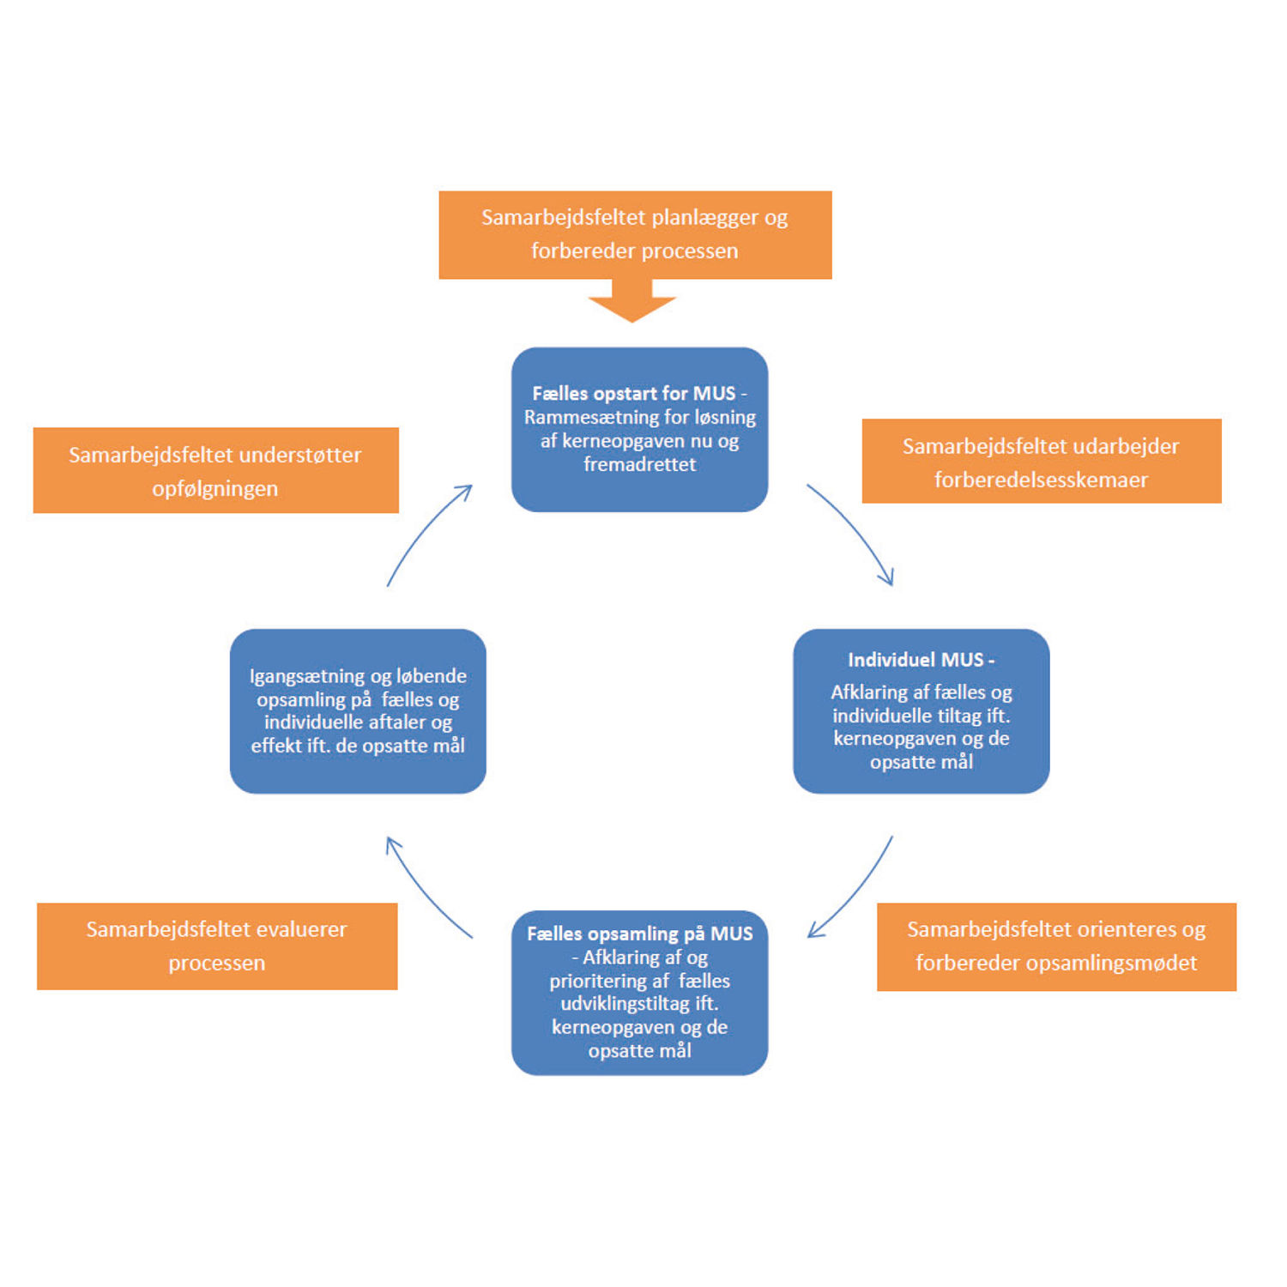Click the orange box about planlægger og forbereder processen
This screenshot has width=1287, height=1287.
[635, 234]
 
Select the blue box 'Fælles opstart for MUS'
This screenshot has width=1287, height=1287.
[639, 429]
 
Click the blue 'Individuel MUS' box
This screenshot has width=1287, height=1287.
[921, 710]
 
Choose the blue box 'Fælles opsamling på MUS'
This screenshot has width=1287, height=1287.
[639, 992]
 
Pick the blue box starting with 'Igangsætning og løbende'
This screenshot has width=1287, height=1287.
[358, 710]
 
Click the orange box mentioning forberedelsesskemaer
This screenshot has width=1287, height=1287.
[1041, 461]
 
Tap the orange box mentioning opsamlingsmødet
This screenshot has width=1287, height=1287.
[1056, 946]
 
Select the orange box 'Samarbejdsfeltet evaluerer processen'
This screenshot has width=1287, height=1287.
[217, 946]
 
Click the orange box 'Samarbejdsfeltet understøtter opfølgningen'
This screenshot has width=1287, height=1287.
[215, 470]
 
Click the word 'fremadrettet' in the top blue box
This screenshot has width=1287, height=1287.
[639, 464]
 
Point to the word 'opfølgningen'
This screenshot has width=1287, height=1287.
[214, 488]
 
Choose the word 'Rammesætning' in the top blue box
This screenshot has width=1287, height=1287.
[576, 417]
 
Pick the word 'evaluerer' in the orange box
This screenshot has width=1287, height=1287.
[301, 929]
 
